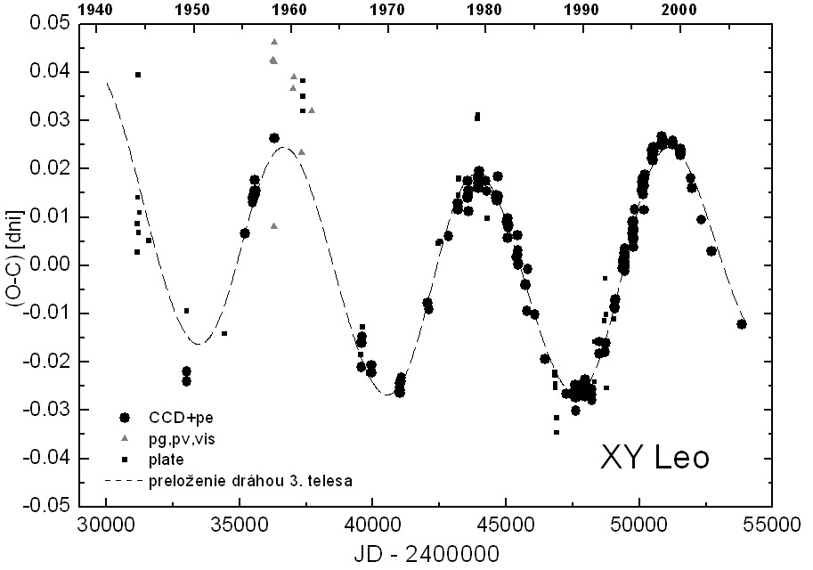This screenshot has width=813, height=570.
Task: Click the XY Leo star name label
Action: pos(655,458)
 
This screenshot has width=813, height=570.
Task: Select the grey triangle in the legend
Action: pos(125,438)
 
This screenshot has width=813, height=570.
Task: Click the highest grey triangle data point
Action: pos(274,42)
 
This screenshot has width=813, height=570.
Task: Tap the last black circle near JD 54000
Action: pos(742,324)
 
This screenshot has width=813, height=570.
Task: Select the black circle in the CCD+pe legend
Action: pos(125,417)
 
